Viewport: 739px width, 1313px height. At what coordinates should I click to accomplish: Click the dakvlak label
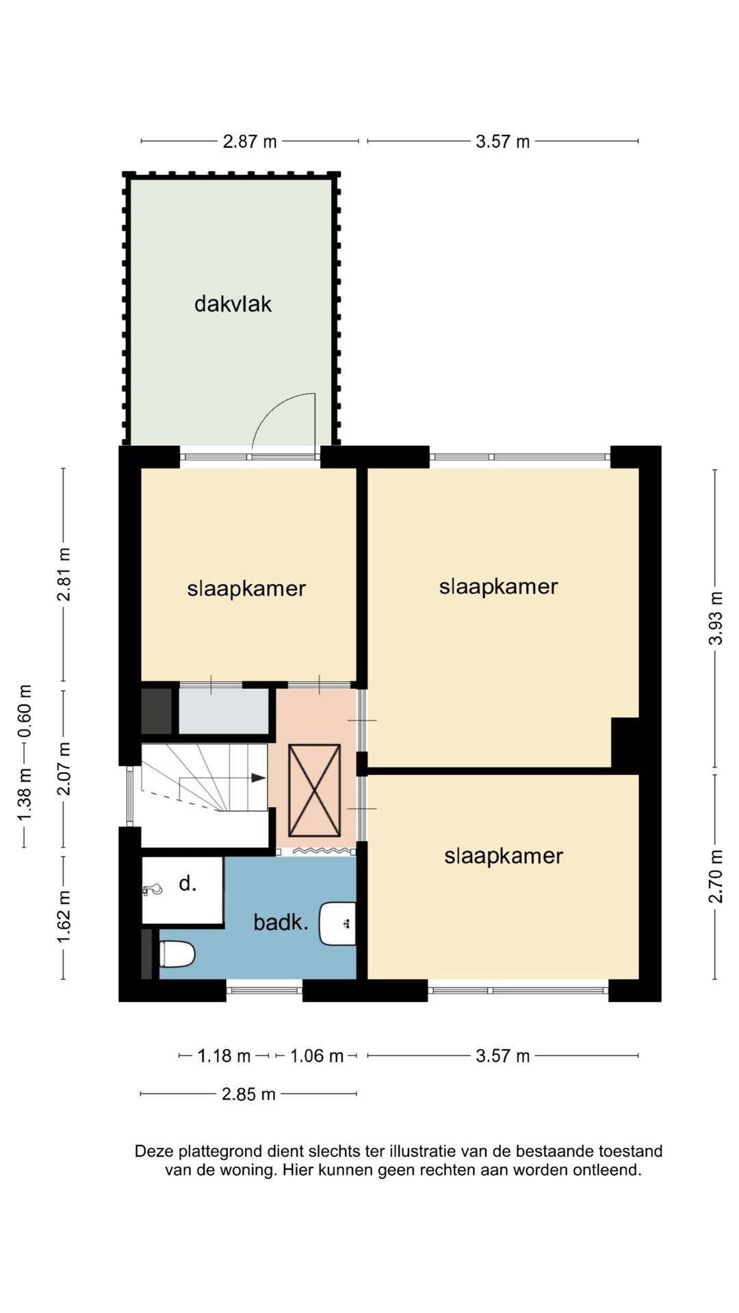point(233,304)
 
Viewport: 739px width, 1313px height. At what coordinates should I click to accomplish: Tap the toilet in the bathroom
point(177,954)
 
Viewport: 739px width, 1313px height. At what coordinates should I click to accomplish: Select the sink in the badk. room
point(337,923)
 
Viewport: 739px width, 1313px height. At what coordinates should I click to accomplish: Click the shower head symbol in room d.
point(152,890)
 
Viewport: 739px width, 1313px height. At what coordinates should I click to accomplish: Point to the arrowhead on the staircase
point(258,778)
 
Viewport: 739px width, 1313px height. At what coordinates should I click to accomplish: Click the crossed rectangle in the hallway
point(314,791)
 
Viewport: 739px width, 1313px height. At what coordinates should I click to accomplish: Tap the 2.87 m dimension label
point(250,142)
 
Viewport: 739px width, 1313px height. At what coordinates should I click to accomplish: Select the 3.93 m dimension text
point(716,618)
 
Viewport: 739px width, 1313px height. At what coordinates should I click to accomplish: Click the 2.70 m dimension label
point(716,876)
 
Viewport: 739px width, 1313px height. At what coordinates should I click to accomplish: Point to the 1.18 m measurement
point(224,1056)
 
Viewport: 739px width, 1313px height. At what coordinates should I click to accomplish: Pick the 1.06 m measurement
point(316,1056)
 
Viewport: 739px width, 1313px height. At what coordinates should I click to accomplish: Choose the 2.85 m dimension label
point(248,1094)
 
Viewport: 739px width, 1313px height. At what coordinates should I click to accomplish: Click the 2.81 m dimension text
point(64,574)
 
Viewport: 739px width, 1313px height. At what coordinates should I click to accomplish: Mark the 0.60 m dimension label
point(25,712)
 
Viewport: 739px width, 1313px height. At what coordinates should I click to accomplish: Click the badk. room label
point(281,923)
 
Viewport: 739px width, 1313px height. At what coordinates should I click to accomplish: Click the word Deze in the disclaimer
point(152,1151)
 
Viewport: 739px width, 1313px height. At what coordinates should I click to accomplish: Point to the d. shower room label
point(187,884)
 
